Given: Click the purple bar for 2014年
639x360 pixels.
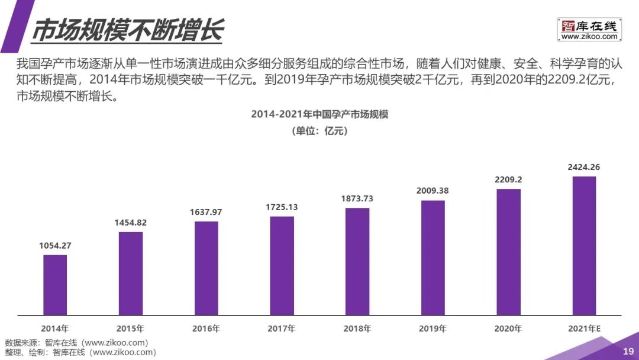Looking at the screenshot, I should click(x=55, y=284).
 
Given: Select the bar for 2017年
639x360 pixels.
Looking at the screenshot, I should click(x=282, y=265).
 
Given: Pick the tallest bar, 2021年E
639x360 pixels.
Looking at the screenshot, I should click(x=584, y=245).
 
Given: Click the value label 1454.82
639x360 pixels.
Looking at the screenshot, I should click(x=130, y=223).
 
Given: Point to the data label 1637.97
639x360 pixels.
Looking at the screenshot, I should click(x=206, y=212).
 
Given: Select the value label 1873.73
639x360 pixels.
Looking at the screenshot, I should click(x=357, y=198).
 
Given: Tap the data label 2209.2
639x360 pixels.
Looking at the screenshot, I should click(x=508, y=179).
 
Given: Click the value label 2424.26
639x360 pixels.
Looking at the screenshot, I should click(x=584, y=167).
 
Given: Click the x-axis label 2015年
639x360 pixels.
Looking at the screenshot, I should click(x=130, y=329).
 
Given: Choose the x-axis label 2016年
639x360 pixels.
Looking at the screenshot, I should click(x=206, y=329).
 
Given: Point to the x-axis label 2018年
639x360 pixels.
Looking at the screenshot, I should click(x=357, y=329).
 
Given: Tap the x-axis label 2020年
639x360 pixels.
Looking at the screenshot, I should click(x=508, y=329).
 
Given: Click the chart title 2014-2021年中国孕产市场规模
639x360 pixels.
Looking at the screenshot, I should click(x=319, y=114).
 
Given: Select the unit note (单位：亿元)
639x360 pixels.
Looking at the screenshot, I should click(x=319, y=131).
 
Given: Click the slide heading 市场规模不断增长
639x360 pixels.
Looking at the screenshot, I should click(x=127, y=30).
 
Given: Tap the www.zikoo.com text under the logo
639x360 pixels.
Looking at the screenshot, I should click(x=589, y=37).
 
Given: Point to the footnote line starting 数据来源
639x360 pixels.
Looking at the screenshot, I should click(x=77, y=343).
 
